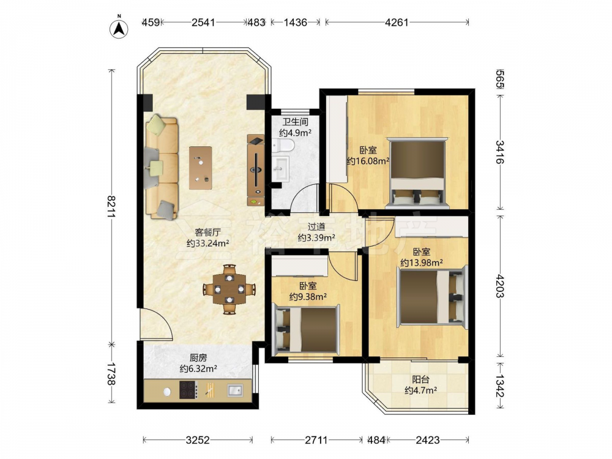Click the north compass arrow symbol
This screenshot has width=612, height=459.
[119, 29]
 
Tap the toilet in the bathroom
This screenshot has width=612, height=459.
[283, 146]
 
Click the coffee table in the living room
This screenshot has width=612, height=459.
[201, 168]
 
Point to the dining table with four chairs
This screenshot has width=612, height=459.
[229, 289]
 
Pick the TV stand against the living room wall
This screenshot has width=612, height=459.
[256, 170]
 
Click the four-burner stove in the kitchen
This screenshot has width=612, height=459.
[188, 389]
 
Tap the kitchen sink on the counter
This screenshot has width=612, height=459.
[235, 390]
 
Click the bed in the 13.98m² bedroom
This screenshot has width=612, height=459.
[433, 297]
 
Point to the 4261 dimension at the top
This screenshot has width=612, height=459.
[397, 22]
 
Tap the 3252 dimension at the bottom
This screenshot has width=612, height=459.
[198, 440]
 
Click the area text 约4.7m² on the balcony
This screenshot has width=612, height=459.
[420, 390]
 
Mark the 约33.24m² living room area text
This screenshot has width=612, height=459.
[207, 244]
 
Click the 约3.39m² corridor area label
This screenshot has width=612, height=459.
[316, 237]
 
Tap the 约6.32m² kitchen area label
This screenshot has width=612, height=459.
[198, 368]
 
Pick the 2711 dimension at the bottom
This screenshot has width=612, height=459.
[316, 440]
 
